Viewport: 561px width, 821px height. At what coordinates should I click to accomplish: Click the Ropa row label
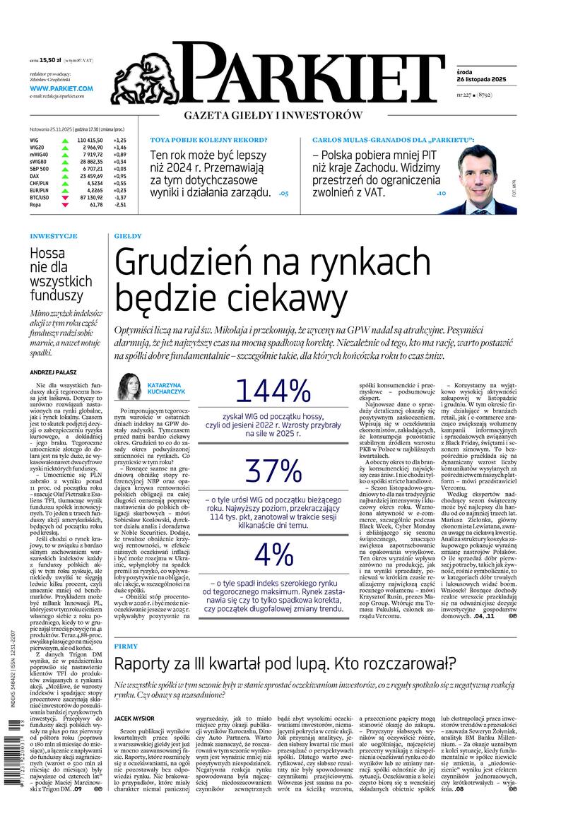pyautogui.click(x=35, y=225)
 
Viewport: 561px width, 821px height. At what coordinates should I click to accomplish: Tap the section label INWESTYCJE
pyautogui.click(x=54, y=236)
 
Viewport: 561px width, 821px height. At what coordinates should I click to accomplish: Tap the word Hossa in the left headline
pyautogui.click(x=47, y=254)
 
